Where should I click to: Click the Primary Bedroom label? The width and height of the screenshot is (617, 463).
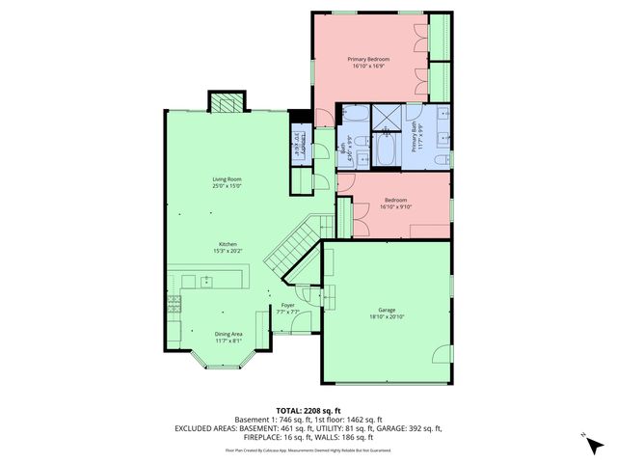click(x=369, y=59)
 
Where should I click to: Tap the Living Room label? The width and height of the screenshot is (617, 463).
click(x=227, y=179)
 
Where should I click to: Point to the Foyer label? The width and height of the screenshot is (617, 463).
click(x=287, y=306)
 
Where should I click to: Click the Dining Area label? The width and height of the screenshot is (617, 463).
click(x=228, y=334)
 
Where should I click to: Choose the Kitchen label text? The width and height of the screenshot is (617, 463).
click(x=228, y=244)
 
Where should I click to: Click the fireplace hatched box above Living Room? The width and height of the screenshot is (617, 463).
click(x=227, y=101)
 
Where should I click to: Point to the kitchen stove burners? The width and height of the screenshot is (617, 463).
click(x=174, y=306)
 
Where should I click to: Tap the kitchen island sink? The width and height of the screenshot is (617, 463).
click(x=206, y=281)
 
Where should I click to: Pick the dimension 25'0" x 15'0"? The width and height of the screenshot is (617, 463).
click(x=227, y=186)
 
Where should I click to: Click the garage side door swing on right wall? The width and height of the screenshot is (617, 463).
click(x=443, y=353)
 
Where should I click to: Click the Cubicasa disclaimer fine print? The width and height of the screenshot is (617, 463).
click(x=308, y=449)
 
